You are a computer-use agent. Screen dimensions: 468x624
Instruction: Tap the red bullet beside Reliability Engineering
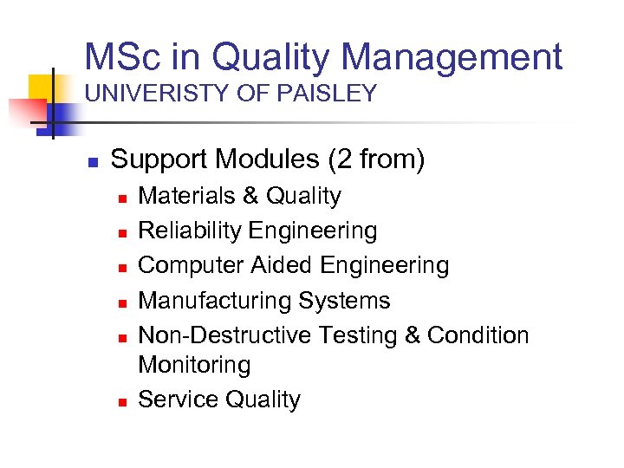(123, 232)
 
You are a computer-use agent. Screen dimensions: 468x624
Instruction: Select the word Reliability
(190, 231)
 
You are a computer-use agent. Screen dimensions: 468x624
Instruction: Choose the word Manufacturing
(215, 301)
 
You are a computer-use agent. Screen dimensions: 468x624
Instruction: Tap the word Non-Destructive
(225, 335)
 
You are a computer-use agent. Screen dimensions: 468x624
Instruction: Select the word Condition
(478, 335)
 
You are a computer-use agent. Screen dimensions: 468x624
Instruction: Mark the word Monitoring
(194, 365)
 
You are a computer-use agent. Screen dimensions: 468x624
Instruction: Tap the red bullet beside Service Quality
(123, 401)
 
